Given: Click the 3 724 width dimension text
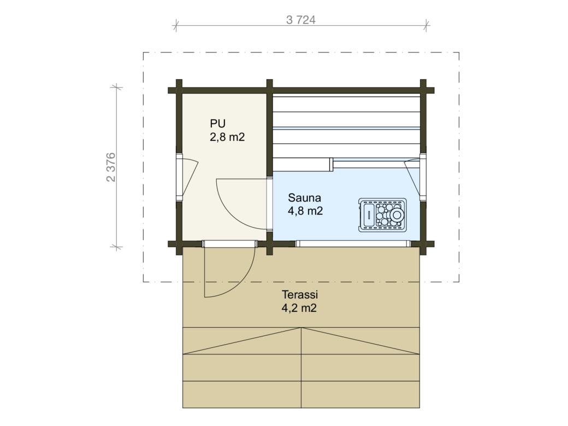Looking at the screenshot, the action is [x=301, y=20].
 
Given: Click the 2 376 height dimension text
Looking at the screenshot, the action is [x=111, y=167].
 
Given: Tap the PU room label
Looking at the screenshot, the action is [x=218, y=123].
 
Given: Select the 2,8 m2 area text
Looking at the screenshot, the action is [x=227, y=137].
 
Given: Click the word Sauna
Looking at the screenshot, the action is [x=304, y=198].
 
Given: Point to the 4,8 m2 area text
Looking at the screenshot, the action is [x=305, y=211].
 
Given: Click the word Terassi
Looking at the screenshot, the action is [x=300, y=294].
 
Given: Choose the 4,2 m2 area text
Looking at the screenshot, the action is [x=299, y=308].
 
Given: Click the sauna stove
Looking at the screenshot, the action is [x=382, y=215].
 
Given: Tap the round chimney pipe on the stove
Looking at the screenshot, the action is [x=397, y=215].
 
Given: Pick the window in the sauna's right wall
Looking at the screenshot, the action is [x=423, y=177].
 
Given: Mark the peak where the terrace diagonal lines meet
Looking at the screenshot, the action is [x=301, y=328].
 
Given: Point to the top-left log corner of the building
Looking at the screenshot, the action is [x=179, y=90].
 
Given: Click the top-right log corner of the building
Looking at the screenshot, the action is [x=423, y=90].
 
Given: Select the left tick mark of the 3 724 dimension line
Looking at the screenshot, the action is [x=176, y=25].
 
